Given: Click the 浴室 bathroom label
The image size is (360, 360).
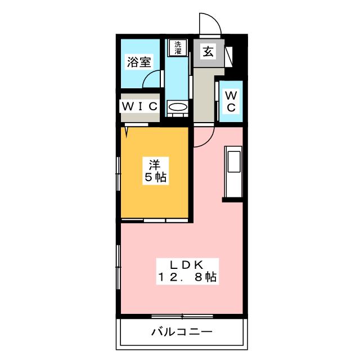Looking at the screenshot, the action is click(139, 62).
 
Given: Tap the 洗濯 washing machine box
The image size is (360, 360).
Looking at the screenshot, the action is click(178, 48).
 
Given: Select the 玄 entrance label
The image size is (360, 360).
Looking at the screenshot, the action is click(208, 51).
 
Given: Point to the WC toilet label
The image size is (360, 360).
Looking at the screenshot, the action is click(231, 101).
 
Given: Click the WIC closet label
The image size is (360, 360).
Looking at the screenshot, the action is click(139, 106).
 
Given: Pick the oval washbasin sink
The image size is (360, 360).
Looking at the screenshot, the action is click(178, 107).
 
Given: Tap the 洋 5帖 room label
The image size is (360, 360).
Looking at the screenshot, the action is click(155, 170).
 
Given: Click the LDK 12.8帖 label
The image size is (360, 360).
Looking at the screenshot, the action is click(187, 271).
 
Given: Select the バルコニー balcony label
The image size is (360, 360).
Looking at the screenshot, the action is click(182, 332).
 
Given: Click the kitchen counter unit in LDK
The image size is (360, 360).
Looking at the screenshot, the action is click(233, 172).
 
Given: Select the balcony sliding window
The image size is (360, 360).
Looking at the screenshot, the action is click(182, 317).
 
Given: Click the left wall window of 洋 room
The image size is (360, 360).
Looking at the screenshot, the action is click(118, 174).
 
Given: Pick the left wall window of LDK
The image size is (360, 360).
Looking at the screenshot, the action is click(118, 267).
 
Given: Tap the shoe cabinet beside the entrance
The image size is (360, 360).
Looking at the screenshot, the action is click(229, 57).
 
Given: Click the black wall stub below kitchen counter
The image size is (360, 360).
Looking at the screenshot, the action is click(232, 200).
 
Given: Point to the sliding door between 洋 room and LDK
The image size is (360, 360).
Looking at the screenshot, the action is click(155, 220).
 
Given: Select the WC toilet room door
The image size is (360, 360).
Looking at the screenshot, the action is click(216, 101).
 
